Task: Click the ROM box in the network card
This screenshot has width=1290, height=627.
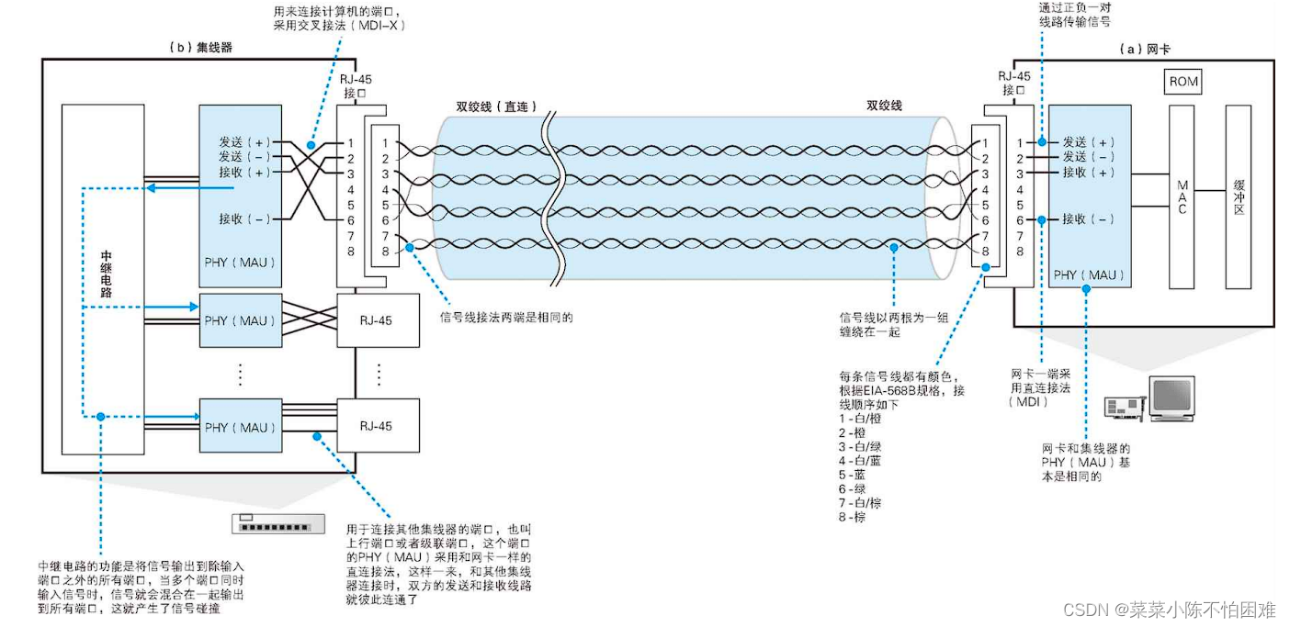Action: click(1183, 82)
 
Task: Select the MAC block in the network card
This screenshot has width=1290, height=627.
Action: click(1182, 196)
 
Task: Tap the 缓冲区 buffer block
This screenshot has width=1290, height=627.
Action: click(1238, 196)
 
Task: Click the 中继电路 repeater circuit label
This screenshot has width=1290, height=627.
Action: click(106, 274)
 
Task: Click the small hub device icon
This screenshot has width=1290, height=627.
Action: click(277, 524)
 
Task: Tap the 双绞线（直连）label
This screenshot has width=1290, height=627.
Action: click(496, 106)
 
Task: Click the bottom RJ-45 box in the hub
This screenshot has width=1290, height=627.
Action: click(378, 426)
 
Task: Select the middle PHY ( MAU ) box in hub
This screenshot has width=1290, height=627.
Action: click(241, 320)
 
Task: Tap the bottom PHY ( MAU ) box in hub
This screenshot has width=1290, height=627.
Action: click(241, 427)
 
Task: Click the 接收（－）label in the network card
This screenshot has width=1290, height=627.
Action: click(1088, 219)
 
